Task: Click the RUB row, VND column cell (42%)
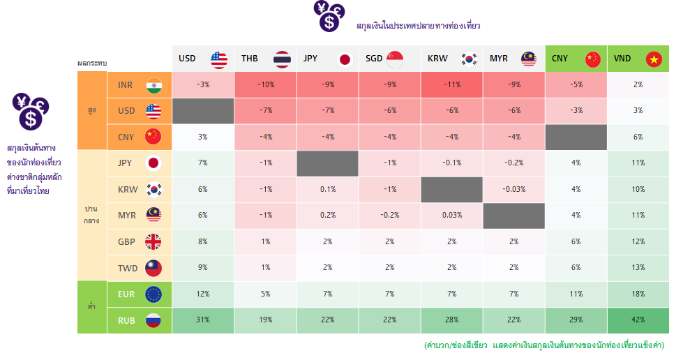[x=638, y=320]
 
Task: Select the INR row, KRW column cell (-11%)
[x=451, y=84]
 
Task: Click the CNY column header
[x=576, y=59]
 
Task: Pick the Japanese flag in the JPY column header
[x=345, y=59]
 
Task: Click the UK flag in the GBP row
[x=153, y=241]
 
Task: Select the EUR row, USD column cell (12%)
[x=203, y=294]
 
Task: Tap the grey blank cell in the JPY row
[x=327, y=163]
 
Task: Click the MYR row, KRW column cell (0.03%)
[x=451, y=215]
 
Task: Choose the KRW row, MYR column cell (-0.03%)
[x=513, y=189]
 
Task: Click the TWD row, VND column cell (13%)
[x=638, y=267]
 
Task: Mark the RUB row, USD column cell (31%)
[x=203, y=320]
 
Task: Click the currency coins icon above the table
[x=329, y=16]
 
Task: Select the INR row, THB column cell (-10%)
[x=265, y=84]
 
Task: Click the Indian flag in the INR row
[x=153, y=85]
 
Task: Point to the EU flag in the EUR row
[x=153, y=294]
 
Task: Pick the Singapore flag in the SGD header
[x=395, y=59]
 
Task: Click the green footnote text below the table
[x=543, y=345]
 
